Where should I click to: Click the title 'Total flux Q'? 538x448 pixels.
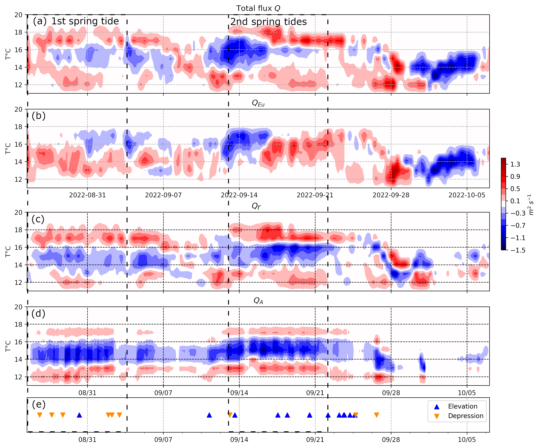(x=258, y=8)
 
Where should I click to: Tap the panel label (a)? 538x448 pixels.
(x=40, y=21)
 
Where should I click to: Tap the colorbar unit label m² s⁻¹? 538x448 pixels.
(x=531, y=205)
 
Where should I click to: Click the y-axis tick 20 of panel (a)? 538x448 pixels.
(x=19, y=15)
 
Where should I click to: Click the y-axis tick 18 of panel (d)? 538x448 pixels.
(x=19, y=324)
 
